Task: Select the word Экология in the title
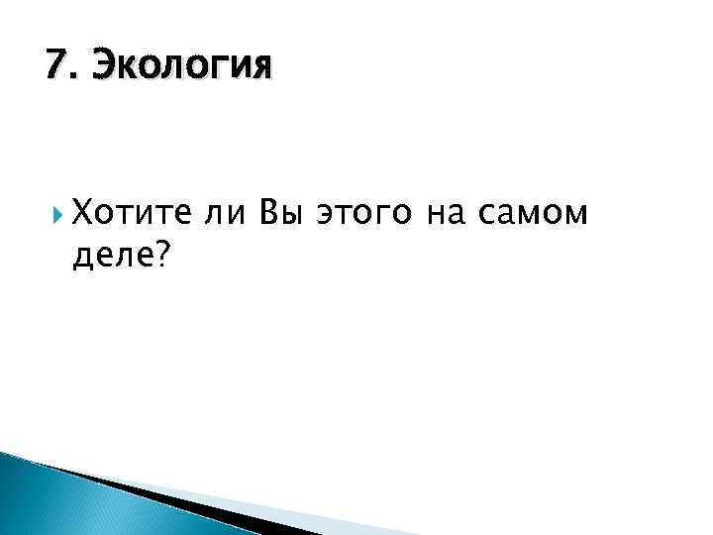[178, 67]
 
